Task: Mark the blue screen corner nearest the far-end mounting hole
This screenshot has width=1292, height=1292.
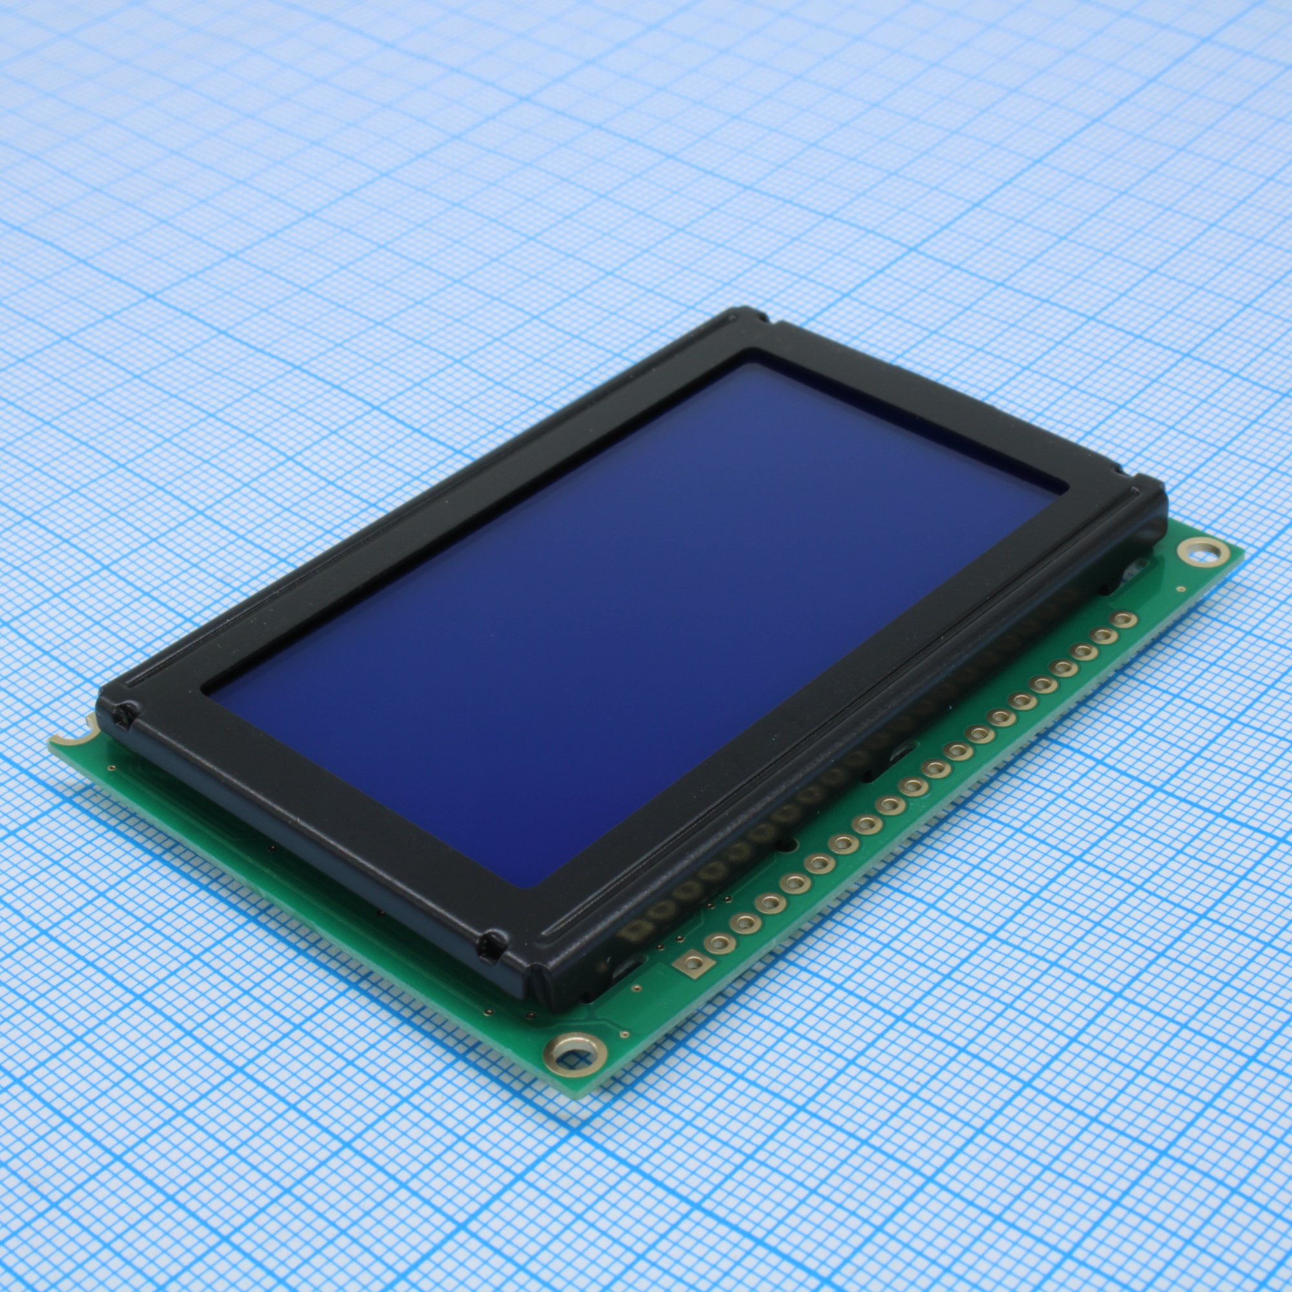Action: (1063, 494)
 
